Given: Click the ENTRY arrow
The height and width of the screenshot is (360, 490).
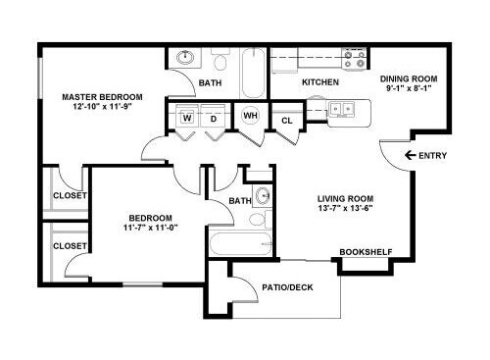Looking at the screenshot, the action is click(410, 155).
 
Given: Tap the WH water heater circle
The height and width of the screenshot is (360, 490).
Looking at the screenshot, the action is click(250, 115).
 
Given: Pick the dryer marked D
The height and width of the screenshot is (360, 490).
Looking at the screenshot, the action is click(213, 116).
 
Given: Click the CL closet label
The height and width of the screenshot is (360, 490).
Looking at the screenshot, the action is click(287, 121).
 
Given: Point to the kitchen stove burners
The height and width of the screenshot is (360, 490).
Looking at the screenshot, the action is click(355, 58).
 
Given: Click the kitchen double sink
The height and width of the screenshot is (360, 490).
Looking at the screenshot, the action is click(341, 109).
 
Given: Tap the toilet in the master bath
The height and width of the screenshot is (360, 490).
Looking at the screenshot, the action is click(220, 59).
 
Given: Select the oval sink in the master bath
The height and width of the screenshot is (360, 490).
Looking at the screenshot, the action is click(185, 58).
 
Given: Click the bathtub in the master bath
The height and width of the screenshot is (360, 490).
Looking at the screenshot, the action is click(253, 73).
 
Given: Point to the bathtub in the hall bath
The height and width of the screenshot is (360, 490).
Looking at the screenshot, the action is click(241, 243).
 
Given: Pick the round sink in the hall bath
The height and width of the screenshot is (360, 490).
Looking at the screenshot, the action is click(264, 195).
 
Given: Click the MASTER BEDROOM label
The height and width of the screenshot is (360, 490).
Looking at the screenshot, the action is click(102, 97).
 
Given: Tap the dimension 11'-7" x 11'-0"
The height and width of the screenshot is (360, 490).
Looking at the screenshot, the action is click(150, 228).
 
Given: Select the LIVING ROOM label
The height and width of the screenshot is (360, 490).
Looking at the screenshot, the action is click(346, 198).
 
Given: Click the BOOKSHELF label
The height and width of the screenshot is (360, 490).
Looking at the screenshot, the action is click(366, 252).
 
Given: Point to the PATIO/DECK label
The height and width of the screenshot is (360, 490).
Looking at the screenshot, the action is click(287, 287).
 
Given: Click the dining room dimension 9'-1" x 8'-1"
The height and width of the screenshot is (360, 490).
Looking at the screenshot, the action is click(409, 88).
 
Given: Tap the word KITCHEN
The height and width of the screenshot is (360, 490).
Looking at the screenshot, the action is click(320, 82).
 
